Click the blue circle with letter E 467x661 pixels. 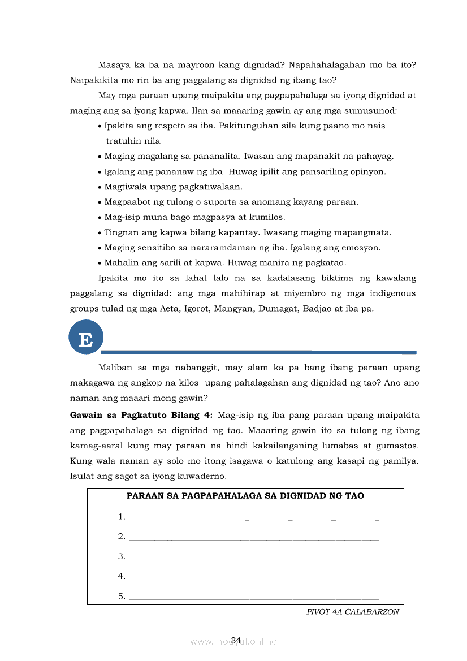coord(86,338)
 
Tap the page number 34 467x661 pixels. coord(236,640)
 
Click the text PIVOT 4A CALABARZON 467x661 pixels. coord(353,612)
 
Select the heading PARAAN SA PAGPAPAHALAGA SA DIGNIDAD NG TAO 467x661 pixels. coord(245,496)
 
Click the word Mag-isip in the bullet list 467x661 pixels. coord(122,217)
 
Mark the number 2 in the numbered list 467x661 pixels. coord(121,537)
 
